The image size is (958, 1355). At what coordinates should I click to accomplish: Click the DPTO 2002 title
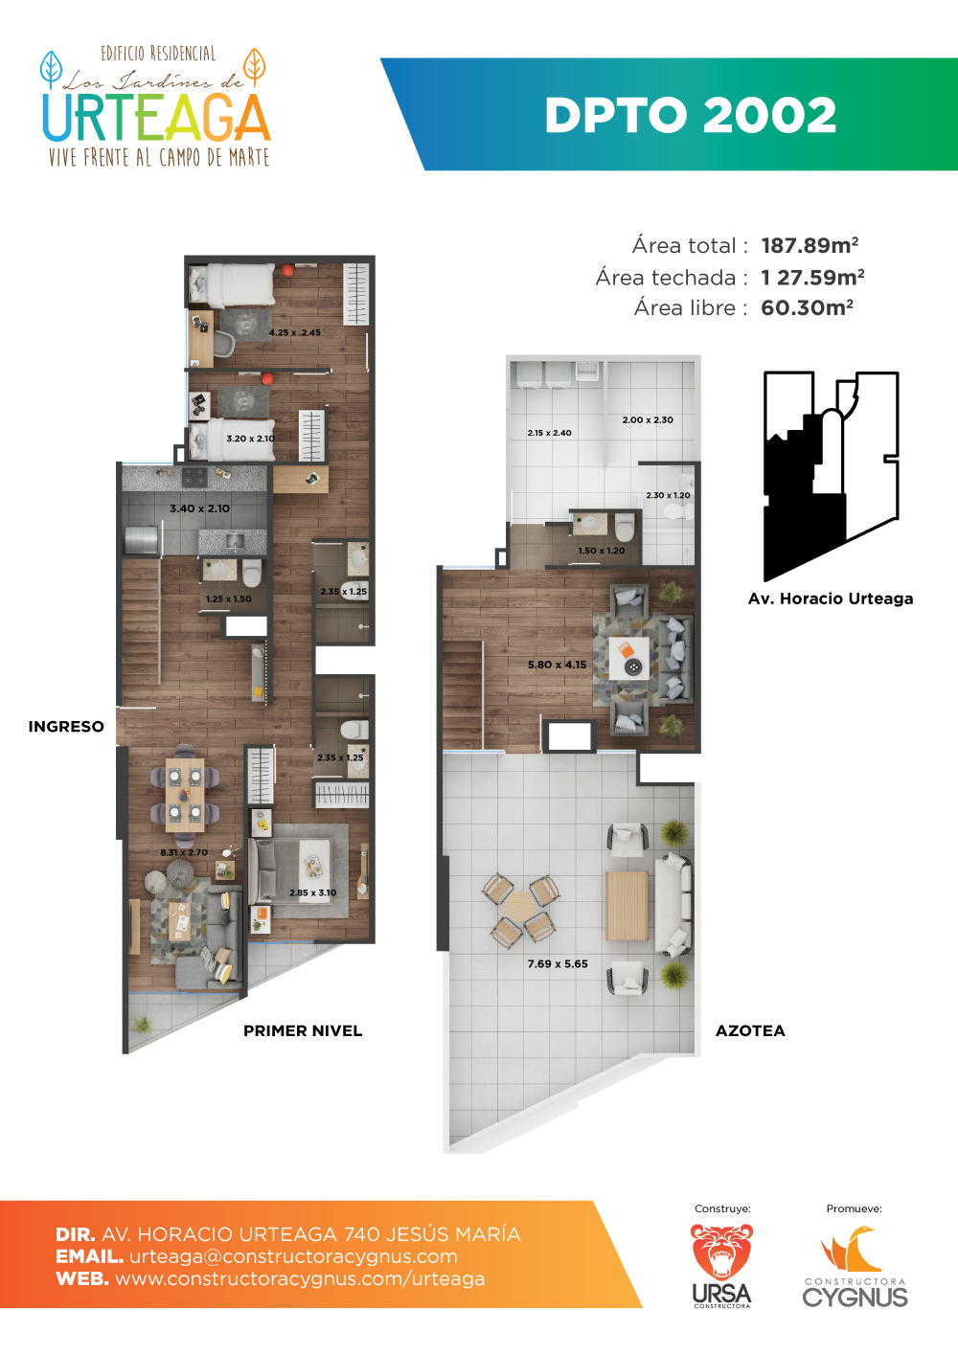[x=691, y=115]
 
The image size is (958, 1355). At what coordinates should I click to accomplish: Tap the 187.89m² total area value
[x=810, y=245]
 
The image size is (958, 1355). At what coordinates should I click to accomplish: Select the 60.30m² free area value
[x=807, y=308]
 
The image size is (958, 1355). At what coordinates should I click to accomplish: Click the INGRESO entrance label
[x=66, y=727]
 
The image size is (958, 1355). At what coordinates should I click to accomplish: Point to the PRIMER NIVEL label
[x=303, y=1030]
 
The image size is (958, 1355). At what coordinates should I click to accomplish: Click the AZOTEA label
[x=750, y=1030]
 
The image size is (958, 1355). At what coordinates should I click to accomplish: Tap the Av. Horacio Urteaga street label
[x=831, y=598]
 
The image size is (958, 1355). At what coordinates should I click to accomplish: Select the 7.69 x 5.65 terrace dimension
[x=558, y=963]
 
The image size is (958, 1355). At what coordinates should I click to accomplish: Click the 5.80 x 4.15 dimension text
[x=557, y=665]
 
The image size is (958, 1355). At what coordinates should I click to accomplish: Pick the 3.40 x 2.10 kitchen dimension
[x=199, y=508]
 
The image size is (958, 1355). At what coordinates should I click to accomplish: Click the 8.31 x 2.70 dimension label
[x=184, y=852]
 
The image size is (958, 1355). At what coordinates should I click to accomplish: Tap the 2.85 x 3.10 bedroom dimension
[x=313, y=892]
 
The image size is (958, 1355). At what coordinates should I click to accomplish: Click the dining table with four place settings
[x=185, y=794]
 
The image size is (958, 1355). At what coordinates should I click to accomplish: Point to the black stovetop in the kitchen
[x=194, y=477]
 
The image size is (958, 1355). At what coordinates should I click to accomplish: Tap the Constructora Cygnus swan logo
[x=855, y=1266]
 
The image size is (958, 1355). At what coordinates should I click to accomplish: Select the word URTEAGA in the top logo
[x=156, y=118]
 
